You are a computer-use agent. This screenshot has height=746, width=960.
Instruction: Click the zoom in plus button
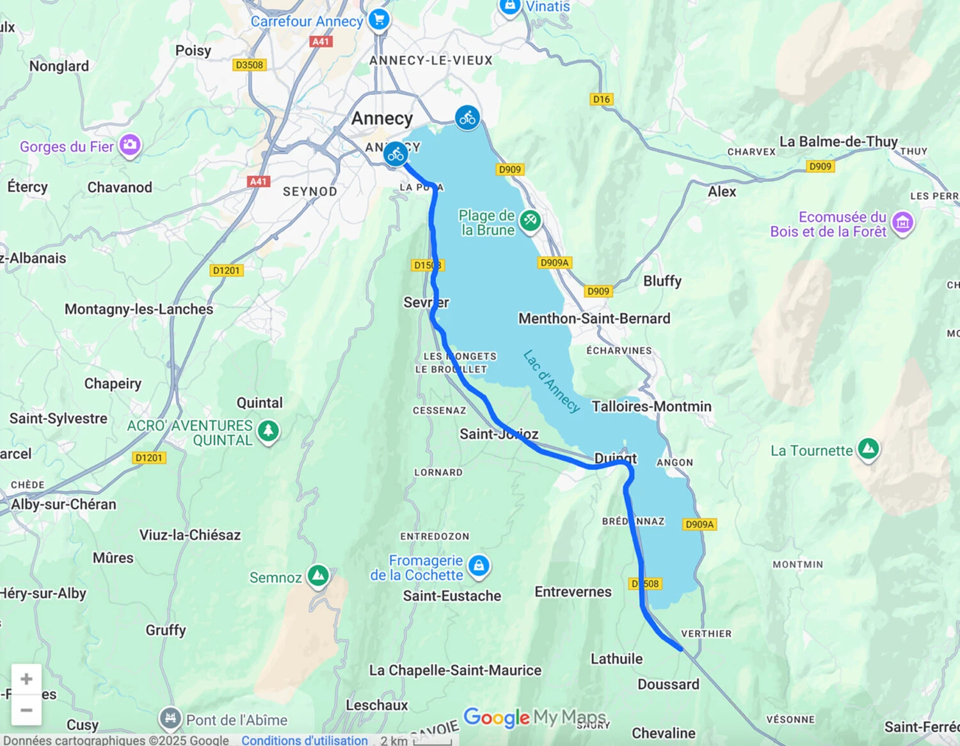pyautogui.click(x=26, y=679)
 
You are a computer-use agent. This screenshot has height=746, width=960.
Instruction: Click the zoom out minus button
pyautogui.click(x=26, y=710)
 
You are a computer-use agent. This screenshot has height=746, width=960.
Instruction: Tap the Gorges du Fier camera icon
pyautogui.click(x=130, y=145)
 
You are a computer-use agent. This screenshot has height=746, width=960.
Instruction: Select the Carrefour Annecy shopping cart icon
pyautogui.click(x=379, y=19)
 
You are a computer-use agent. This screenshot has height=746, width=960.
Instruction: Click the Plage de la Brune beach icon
pyautogui.click(x=529, y=221)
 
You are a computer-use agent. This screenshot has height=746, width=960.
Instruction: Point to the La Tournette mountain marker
pyautogui.click(x=868, y=449)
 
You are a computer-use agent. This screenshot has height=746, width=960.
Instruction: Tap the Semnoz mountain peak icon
pyautogui.click(x=318, y=576)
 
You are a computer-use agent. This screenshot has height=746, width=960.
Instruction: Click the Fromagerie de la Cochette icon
pyautogui.click(x=479, y=565)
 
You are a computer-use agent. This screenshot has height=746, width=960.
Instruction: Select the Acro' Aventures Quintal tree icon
pyautogui.click(x=268, y=430)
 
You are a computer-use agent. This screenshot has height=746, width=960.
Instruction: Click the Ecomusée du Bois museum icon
pyautogui.click(x=902, y=222)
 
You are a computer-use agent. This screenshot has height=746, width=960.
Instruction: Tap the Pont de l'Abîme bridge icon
pyautogui.click(x=170, y=718)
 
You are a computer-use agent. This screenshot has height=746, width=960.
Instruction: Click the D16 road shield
pyautogui.click(x=601, y=99)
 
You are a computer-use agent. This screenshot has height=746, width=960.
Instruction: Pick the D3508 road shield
pyautogui.click(x=249, y=65)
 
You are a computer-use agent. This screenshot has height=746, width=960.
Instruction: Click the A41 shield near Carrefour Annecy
pyautogui.click(x=320, y=42)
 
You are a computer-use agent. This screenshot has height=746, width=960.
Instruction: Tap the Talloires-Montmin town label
pyautogui.click(x=651, y=407)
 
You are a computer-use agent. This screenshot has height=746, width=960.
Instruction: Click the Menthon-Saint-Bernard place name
pyautogui.click(x=594, y=318)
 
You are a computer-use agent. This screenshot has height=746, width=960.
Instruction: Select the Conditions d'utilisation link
pyautogui.click(x=304, y=740)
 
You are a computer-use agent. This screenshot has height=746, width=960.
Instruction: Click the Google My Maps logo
pyautogui.click(x=534, y=717)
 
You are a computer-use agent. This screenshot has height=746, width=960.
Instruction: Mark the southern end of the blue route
pyautogui.click(x=681, y=649)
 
